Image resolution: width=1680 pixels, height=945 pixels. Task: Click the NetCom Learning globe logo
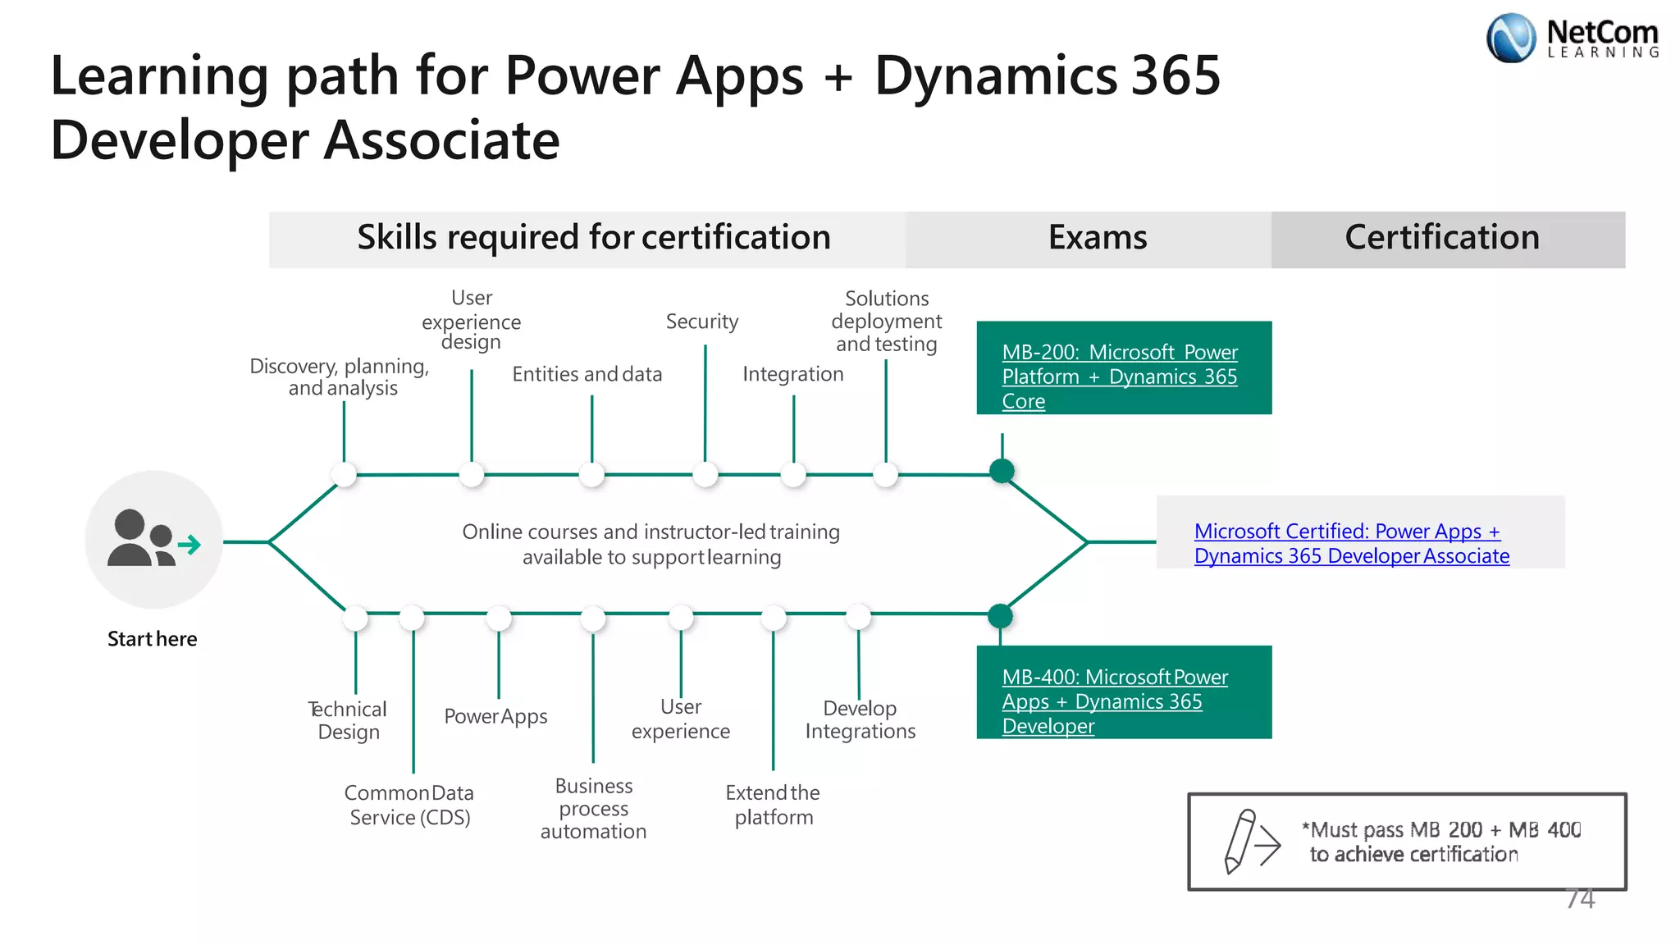coord(1510,38)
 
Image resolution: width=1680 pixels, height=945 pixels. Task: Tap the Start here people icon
coord(154,539)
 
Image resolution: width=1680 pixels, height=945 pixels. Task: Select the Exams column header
coord(1097,238)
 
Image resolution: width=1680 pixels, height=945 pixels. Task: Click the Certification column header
coord(1442,238)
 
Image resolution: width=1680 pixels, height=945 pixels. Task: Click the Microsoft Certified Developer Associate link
coord(1351,543)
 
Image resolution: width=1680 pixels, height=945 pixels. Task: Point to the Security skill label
coord(702,322)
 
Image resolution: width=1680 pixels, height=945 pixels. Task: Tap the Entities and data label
coord(587,374)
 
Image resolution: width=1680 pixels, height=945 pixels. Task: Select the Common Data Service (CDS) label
coord(409,805)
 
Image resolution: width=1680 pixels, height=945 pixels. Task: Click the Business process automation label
coord(593,809)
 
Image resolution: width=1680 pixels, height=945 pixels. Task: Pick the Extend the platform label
coord(773,805)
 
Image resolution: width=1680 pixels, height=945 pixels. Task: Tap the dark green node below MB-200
coord(1002,471)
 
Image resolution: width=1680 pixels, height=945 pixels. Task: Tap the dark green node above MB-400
coord(1000,615)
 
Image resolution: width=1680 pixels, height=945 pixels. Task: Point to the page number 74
coord(1579,899)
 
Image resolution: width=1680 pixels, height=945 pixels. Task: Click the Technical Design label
coord(348,720)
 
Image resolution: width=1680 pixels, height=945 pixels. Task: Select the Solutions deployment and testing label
coord(887,322)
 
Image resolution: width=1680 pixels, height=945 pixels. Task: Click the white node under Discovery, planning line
coord(344,474)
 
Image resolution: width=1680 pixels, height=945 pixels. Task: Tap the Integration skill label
coord(792,374)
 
